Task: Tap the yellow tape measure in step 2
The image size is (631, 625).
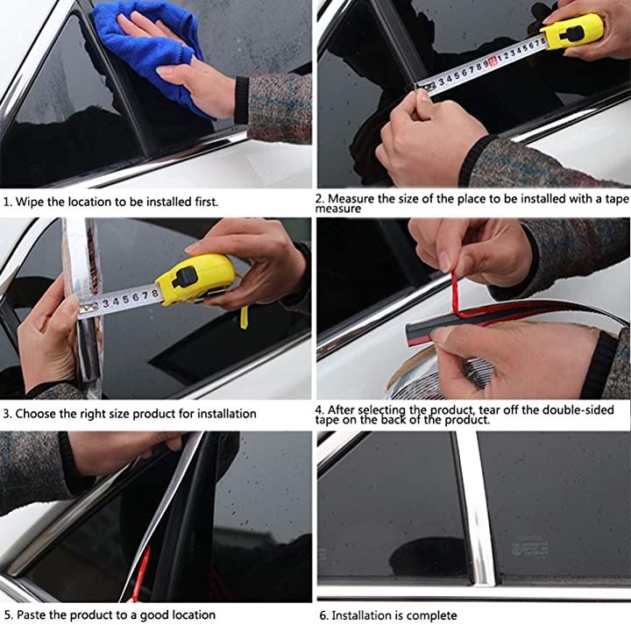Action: coord(571,32)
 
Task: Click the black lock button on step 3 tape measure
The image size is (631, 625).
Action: coord(185,277)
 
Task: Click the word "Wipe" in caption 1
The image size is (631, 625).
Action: coord(30,202)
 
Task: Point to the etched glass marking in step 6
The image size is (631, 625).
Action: coord(530,547)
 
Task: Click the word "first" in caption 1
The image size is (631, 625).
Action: coord(206,202)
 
